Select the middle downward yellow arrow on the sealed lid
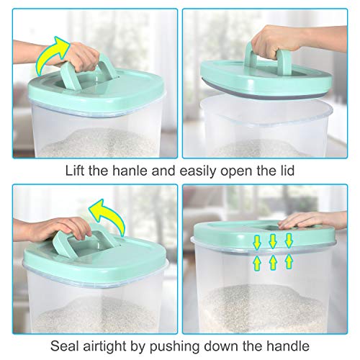(x=273, y=240)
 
